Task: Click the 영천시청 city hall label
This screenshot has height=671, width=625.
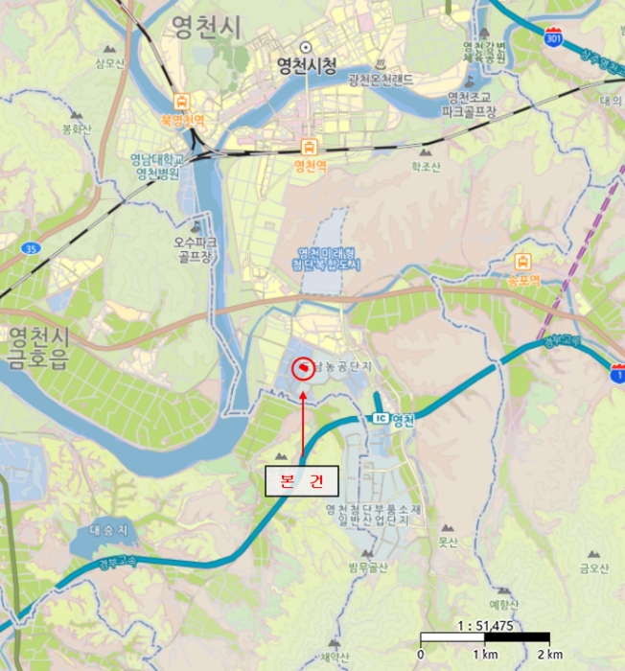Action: click(306, 65)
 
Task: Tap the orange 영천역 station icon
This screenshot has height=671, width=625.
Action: click(310, 147)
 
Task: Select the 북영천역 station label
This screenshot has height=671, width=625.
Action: click(182, 120)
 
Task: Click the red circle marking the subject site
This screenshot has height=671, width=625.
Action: click(302, 368)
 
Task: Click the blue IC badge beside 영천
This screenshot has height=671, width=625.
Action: click(380, 420)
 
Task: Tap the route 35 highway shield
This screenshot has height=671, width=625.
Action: click(32, 249)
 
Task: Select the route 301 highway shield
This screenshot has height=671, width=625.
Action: click(551, 39)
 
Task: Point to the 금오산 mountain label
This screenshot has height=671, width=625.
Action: click(593, 567)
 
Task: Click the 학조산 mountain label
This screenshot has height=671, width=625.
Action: click(425, 166)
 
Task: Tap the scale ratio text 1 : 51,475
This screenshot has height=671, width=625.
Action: click(486, 625)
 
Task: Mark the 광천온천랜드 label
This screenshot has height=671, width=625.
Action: click(381, 79)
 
